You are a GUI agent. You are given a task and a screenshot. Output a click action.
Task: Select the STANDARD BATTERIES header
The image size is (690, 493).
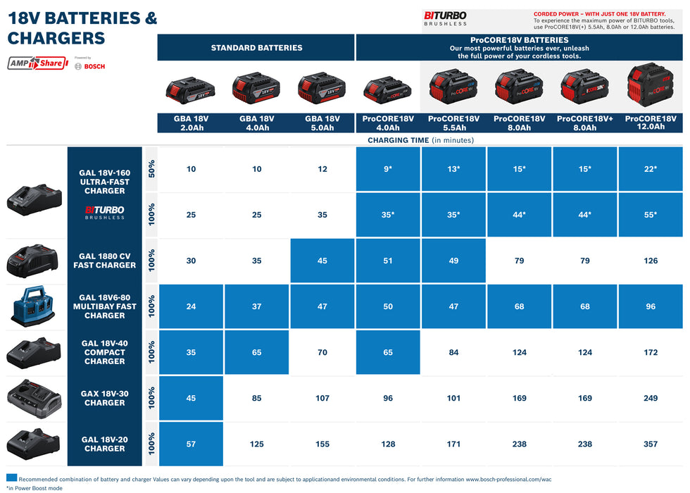256,48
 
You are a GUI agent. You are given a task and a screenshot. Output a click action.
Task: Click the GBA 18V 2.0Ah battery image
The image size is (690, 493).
190,89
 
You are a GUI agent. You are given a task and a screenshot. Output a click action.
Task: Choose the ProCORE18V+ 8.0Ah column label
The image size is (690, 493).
584,123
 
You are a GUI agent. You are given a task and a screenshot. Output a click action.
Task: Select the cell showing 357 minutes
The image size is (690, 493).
651,444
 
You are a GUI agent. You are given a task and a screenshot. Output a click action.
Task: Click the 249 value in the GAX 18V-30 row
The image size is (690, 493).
651,398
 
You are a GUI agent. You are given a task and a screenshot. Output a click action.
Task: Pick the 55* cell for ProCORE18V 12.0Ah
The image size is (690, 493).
651,215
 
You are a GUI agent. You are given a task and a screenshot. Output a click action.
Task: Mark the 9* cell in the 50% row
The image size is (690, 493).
387,169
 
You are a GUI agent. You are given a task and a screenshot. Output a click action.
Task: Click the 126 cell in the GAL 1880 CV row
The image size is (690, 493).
651,261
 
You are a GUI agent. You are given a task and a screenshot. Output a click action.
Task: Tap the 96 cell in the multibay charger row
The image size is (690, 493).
651,306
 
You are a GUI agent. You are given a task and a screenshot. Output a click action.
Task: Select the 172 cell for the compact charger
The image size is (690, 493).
651,352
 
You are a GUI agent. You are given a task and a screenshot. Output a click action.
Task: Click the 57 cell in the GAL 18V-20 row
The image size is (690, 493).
191,444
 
